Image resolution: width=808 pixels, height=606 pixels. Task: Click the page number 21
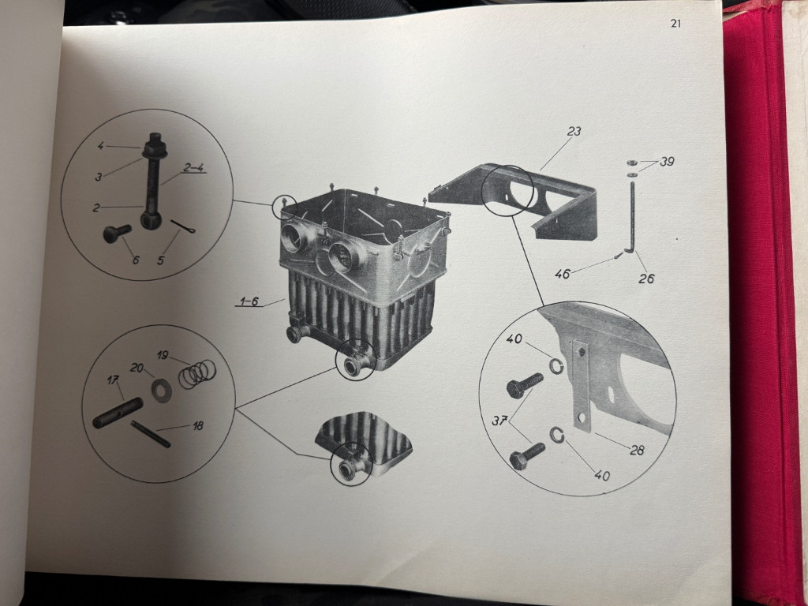675,24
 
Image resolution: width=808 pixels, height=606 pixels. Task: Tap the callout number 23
574,132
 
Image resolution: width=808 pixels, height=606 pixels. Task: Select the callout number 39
667,162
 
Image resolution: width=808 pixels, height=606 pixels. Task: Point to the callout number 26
646,279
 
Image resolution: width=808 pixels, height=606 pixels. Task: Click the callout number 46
562,274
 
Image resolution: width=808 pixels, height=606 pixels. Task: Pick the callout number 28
637,450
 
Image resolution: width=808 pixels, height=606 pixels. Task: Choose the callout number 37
499,421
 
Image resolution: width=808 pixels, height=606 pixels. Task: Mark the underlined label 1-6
249,301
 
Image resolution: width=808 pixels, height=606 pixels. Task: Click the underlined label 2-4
194,167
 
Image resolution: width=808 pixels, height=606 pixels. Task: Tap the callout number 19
163,354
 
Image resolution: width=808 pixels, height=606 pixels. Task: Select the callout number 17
113,380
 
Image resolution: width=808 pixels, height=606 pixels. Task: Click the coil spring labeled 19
196,373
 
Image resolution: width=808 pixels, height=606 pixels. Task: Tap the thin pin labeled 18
151,434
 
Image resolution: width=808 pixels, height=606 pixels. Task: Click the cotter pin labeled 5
182,226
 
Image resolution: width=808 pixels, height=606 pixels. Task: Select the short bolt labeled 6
117,233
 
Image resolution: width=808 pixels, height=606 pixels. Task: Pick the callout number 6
136,260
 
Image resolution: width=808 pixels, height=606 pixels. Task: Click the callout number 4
101,146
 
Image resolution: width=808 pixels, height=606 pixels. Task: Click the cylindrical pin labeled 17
118,412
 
